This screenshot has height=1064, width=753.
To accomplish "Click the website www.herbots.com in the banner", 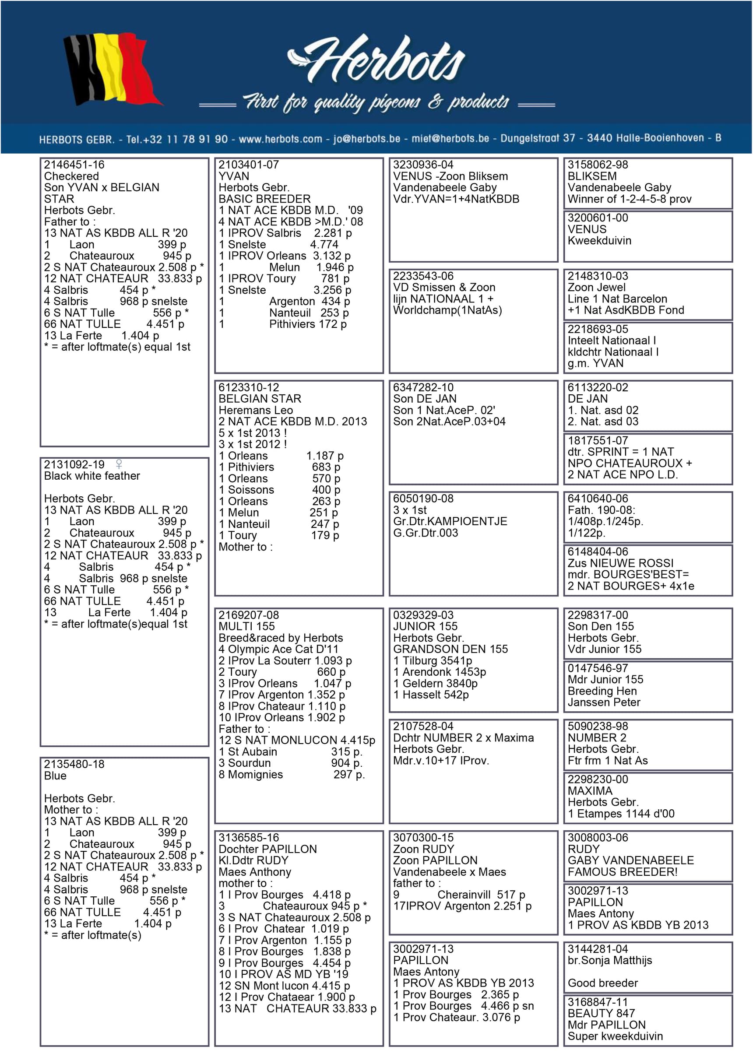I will click(x=280, y=139).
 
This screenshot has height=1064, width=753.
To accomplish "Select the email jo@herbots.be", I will click(x=366, y=139).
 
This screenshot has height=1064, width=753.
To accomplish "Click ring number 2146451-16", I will click(x=74, y=165).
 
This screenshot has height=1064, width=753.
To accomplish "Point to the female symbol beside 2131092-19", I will click(x=119, y=464).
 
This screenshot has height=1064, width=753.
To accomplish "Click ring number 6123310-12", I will click(x=249, y=388).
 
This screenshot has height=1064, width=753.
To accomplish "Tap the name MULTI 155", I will click(x=246, y=626).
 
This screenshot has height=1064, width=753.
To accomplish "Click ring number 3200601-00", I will click(x=598, y=218).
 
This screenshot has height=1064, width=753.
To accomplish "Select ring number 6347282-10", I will click(x=423, y=388).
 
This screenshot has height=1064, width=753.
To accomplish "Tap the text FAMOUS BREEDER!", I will click(x=622, y=872).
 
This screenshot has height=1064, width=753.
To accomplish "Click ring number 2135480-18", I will click(x=74, y=764).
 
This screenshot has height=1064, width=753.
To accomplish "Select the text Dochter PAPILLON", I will click(x=267, y=849).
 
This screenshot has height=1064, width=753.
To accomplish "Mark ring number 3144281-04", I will click(x=598, y=949).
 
